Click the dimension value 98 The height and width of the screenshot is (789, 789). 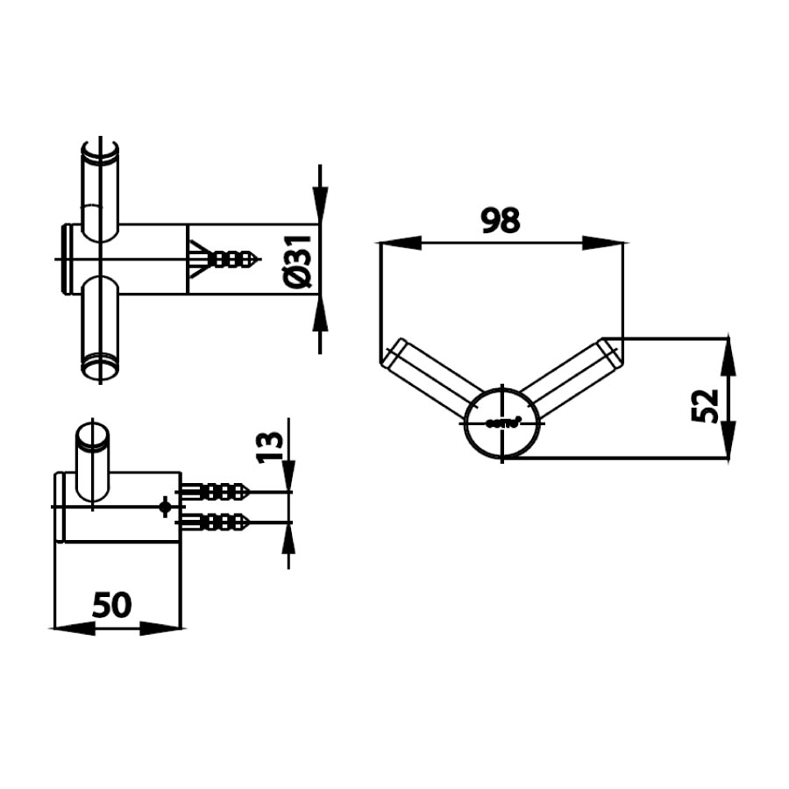click(501, 220)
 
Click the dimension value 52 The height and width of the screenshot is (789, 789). click(706, 404)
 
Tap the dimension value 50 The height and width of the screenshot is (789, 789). click(112, 604)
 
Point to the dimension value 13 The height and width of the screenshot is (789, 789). click(273, 445)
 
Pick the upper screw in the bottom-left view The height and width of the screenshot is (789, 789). click(215, 492)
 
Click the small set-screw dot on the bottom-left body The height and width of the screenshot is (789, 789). click(164, 506)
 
